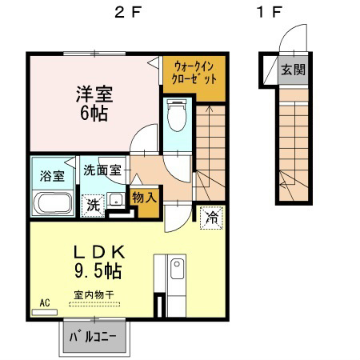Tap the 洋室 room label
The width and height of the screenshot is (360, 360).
click(x=94, y=94)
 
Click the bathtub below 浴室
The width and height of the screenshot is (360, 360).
click(x=52, y=203)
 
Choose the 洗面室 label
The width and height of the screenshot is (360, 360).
click(x=104, y=170)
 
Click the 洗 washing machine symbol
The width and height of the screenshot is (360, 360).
click(x=94, y=204)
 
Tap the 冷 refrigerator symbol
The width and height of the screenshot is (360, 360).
click(x=213, y=216)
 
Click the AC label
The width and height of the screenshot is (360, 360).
click(x=45, y=303)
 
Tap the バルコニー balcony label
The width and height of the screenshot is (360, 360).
click(x=94, y=336)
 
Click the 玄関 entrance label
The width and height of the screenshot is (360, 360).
click(x=293, y=70)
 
